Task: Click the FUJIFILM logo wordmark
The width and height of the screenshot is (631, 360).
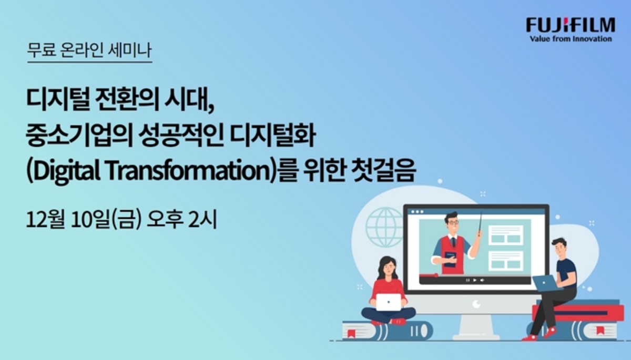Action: [571, 26]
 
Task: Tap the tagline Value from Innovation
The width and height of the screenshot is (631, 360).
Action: [571, 39]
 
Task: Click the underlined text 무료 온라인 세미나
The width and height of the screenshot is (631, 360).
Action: [89, 50]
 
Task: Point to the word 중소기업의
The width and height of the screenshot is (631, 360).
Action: [79, 136]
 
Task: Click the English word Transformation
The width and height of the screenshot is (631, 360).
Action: [188, 172]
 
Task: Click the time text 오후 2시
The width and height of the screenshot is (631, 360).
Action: [182, 220]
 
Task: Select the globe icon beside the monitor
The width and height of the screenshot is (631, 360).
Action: [384, 228]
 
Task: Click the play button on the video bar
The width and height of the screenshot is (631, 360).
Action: [475, 280]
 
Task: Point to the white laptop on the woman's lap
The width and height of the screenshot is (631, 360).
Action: [389, 302]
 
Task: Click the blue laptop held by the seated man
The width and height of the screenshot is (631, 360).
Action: [546, 283]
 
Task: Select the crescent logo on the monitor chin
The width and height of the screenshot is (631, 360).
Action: [476, 304]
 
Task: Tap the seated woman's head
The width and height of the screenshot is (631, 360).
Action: [388, 266]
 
